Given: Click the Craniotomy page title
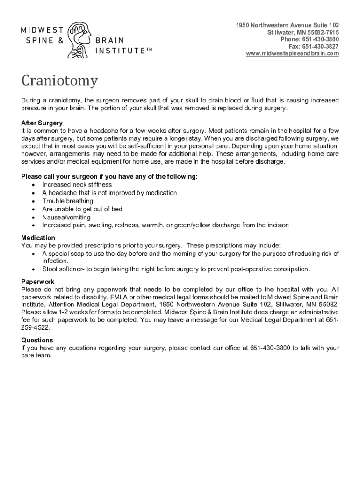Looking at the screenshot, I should pos(59,81).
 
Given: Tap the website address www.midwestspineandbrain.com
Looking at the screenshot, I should pos(292,54).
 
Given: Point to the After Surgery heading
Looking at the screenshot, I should pos(42,123).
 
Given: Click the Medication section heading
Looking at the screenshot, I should pos(38,238).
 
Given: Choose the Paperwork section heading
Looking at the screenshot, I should pos(37,282).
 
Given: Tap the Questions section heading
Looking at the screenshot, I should pos(37,340).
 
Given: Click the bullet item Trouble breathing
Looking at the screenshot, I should pos(67,201).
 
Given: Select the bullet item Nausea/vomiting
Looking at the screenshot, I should pos(66,218).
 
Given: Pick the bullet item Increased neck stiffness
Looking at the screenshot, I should pos(77,185).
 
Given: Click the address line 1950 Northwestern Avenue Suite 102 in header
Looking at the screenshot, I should pos(288,25).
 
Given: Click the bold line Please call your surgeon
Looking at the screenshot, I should pos(109,176).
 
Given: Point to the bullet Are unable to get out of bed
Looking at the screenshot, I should pos(82,209).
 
